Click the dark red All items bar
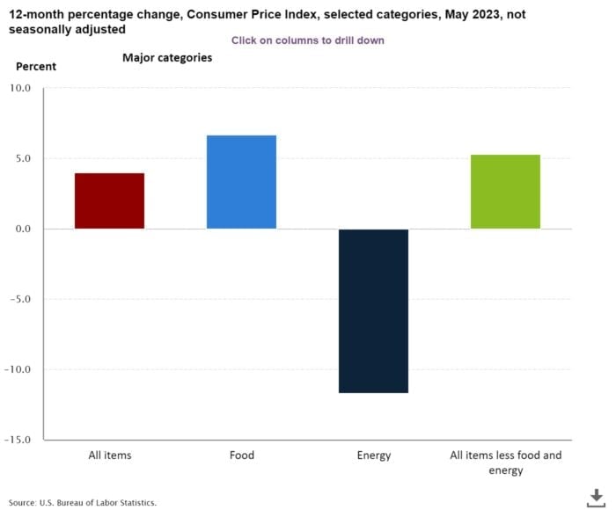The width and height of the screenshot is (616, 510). pyautogui.click(x=109, y=200)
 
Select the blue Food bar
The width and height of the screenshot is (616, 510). pyautogui.click(x=241, y=182)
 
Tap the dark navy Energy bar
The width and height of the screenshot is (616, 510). pyautogui.click(x=373, y=310)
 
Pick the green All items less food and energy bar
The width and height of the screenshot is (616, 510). pyautogui.click(x=505, y=192)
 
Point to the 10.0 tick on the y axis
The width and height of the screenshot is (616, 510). pyautogui.click(x=18, y=88)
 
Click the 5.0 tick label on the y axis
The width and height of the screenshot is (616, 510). pyautogui.click(x=21, y=158)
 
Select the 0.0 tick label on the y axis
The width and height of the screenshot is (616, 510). pyautogui.click(x=21, y=229)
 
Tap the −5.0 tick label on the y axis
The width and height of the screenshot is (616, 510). pyautogui.click(x=19, y=299)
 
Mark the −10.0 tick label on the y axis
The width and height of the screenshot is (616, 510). pyautogui.click(x=18, y=369)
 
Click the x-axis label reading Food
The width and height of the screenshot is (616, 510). pyautogui.click(x=241, y=455)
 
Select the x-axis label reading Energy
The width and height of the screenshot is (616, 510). pyautogui.click(x=373, y=455)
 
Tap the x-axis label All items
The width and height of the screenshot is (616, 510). pyautogui.click(x=109, y=455)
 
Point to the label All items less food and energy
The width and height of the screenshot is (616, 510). pyautogui.click(x=505, y=463)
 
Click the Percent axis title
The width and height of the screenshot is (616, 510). pyautogui.click(x=36, y=66)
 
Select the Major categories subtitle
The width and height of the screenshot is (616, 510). pyautogui.click(x=166, y=58)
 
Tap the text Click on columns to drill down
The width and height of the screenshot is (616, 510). pyautogui.click(x=307, y=40)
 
